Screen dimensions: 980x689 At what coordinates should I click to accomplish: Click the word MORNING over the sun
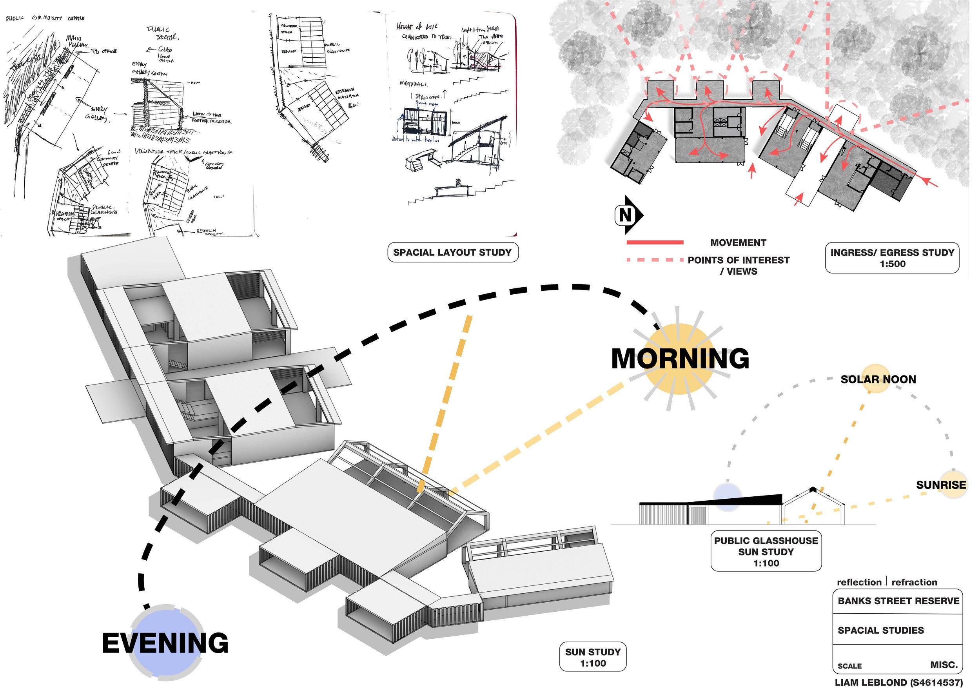[680, 358]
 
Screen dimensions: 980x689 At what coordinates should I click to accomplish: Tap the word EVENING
[165, 643]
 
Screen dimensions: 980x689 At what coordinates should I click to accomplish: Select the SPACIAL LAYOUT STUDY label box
[452, 252]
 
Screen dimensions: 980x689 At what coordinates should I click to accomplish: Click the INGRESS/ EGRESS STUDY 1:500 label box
[892, 258]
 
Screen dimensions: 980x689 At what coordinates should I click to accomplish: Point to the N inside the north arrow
[625, 215]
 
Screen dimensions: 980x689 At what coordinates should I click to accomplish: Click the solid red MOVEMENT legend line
[655, 242]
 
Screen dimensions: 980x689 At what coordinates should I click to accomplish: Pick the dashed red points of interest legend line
[655, 260]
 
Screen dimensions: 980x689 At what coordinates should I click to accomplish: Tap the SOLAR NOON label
[878, 379]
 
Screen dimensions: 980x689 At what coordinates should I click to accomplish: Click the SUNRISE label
[941, 485]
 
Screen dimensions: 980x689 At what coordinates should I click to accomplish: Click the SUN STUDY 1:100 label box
[593, 657]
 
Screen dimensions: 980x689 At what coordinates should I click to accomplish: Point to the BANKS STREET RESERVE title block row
[898, 601]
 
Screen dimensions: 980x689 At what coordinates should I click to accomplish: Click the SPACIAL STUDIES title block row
[881, 631]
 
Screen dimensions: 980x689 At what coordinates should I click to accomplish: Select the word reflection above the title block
[859, 582]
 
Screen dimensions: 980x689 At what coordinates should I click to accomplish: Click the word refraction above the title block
[914, 582]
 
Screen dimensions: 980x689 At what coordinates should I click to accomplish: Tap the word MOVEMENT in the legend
[738, 242]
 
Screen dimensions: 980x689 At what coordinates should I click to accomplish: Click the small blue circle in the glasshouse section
[727, 496]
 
